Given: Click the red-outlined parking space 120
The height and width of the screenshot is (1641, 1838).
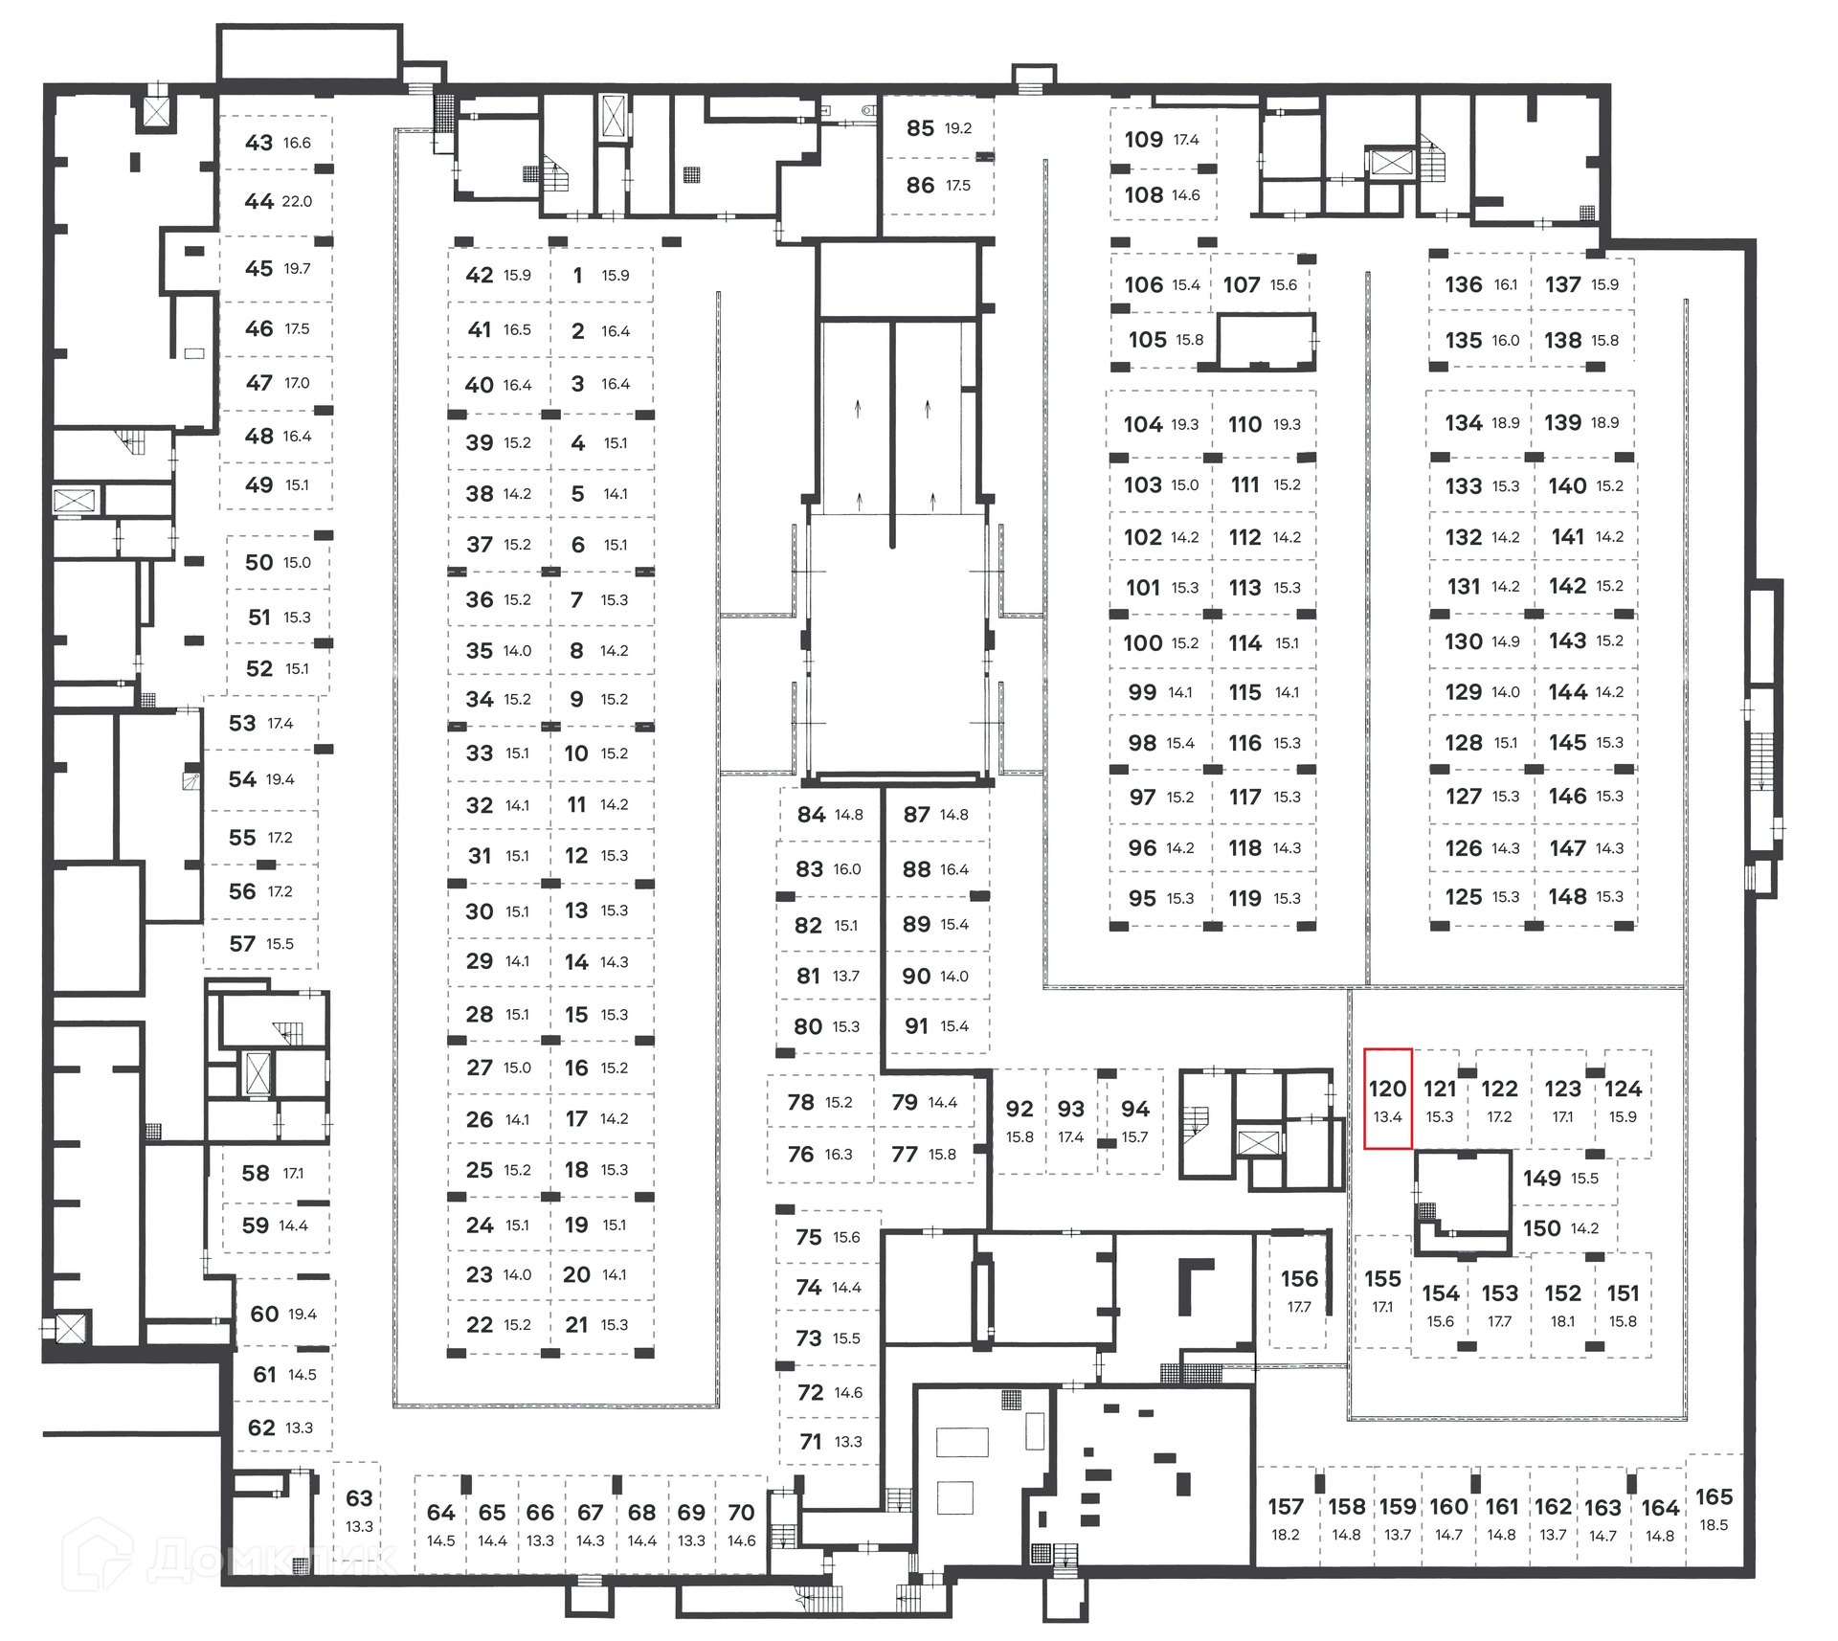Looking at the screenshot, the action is (x=1387, y=1098).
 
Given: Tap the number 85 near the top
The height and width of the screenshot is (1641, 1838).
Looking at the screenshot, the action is (x=920, y=128).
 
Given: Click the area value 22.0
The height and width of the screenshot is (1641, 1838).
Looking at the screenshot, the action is (x=297, y=202).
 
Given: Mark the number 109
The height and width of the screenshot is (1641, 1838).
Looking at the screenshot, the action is (x=1143, y=140).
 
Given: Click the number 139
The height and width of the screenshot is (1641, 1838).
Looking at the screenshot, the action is (x=1562, y=422).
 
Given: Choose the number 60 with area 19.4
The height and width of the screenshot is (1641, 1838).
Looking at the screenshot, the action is (x=264, y=1314).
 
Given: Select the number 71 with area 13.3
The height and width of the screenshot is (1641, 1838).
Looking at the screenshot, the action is (x=810, y=1441).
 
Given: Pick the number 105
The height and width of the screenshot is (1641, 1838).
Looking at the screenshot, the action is (x=1147, y=340).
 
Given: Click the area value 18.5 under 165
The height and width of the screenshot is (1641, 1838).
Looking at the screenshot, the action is (x=1714, y=1525).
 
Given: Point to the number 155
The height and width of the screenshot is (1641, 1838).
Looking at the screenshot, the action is (x=1382, y=1279).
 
